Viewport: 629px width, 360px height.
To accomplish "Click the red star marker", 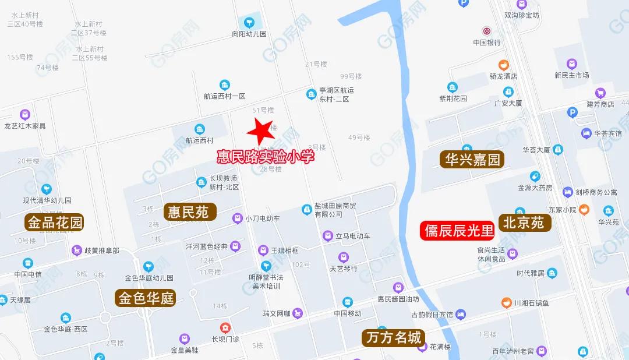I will (260, 133).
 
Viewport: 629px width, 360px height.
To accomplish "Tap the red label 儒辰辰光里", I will (457, 231).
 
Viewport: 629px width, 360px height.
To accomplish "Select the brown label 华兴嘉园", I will (472, 160).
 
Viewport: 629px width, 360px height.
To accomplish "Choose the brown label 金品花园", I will (55, 222).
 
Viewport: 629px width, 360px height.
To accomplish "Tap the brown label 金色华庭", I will (146, 298).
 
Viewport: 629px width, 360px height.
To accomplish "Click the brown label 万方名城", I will (394, 337).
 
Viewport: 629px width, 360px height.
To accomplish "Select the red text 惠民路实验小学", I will (265, 156).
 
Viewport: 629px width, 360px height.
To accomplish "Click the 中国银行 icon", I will (486, 31).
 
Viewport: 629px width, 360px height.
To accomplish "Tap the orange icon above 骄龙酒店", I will (503, 65).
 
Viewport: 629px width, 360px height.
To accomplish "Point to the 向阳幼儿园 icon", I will (249, 23).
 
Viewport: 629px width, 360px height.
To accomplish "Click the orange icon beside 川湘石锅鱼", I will (507, 303).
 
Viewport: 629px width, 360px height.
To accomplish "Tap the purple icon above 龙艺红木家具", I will (24, 114).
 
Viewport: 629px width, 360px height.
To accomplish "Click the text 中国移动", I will (348, 313).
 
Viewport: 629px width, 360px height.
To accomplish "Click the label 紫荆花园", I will (453, 98).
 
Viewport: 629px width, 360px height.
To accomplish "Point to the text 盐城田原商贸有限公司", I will (335, 210).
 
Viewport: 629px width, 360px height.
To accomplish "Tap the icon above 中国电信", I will (28, 263).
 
